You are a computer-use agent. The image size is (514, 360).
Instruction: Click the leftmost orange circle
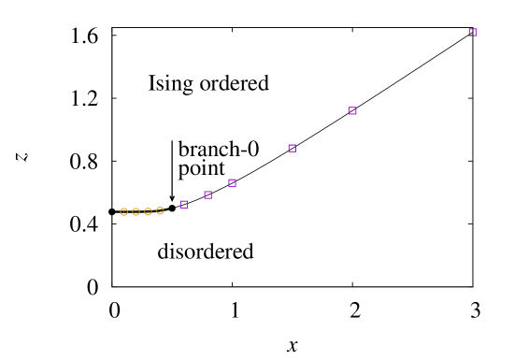click(123, 211)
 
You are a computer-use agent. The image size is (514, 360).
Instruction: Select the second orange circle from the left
click(136, 211)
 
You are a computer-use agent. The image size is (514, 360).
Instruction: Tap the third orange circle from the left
click(148, 211)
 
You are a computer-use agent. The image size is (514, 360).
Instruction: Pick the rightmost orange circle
click(160, 210)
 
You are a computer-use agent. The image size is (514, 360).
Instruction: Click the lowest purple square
click(184, 204)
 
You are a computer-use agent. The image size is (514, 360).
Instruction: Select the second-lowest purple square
click(207, 194)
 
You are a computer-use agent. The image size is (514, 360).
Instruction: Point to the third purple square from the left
click(232, 182)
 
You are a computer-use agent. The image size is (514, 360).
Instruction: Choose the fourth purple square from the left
click(292, 148)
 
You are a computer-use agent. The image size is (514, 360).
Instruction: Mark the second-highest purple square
click(352, 110)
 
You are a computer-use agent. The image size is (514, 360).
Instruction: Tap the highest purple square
click(472, 32)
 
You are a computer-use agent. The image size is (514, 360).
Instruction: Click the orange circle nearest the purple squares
click(160, 210)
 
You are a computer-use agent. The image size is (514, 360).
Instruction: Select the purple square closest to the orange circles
click(184, 204)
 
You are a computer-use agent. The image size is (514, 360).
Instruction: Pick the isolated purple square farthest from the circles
click(472, 32)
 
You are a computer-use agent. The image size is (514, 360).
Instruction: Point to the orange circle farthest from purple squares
click(123, 211)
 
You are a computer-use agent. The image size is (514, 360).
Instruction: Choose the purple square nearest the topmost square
click(352, 110)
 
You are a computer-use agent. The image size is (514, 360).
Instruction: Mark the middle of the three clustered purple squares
click(207, 194)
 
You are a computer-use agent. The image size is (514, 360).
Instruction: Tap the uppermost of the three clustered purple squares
click(232, 182)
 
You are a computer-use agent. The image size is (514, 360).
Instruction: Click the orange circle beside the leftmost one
click(136, 211)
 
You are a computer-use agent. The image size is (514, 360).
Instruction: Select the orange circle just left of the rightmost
click(148, 211)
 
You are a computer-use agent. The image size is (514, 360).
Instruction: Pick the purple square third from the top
click(292, 148)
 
